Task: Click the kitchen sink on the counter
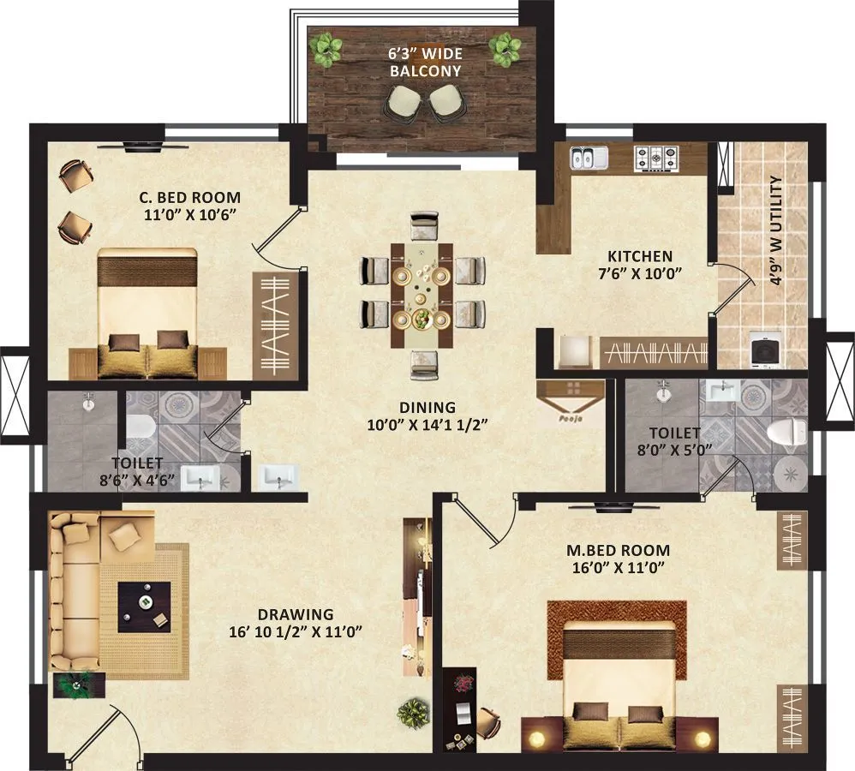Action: (x=589, y=158)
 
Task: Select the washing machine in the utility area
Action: (x=764, y=350)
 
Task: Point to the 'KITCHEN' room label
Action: (x=639, y=256)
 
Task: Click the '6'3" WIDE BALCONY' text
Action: (x=425, y=62)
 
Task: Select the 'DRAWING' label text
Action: (x=295, y=614)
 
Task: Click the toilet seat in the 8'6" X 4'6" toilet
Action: (x=139, y=427)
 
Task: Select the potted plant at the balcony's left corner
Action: (x=326, y=49)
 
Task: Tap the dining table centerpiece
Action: (x=422, y=319)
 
